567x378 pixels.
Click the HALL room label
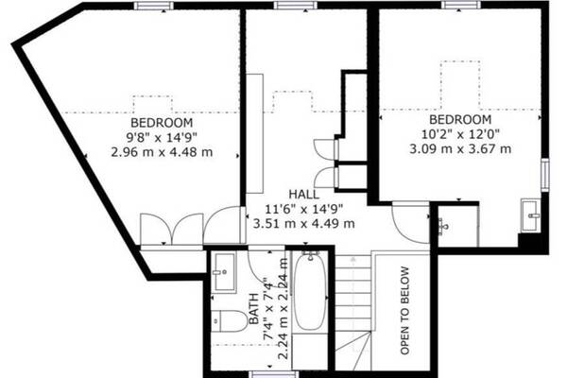303,195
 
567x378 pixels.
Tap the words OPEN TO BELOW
404,310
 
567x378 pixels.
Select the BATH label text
254,309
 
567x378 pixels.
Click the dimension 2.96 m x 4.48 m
162,152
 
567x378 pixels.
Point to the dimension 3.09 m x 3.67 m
460,148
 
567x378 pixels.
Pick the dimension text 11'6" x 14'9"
303,209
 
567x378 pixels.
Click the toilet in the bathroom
229,321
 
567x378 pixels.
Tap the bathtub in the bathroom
310,290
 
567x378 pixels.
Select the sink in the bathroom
224,272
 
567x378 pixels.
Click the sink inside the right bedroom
530,215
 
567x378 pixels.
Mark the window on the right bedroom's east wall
545,174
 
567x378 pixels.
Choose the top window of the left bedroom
153,6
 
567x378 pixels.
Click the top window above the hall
296,6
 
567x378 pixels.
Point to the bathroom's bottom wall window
275,374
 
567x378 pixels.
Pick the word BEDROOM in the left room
162,123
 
